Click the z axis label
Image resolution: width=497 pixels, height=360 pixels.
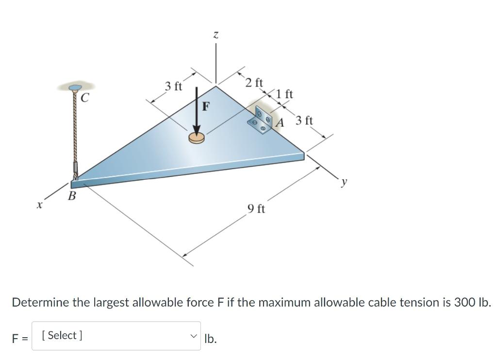click(216, 35)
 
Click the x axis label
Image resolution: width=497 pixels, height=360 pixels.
click(38, 206)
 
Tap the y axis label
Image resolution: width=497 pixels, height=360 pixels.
click(344, 182)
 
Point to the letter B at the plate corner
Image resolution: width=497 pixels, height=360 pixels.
click(72, 196)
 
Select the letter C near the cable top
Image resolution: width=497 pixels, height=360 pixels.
click(84, 98)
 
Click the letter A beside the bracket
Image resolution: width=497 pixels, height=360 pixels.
click(280, 122)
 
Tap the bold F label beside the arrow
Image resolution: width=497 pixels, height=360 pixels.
click(206, 106)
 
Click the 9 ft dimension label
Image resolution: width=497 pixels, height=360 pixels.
click(256, 209)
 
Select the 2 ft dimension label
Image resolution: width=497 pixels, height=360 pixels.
click(254, 83)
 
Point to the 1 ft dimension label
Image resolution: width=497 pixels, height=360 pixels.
click(284, 93)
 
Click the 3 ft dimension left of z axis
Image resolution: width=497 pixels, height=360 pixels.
click(173, 86)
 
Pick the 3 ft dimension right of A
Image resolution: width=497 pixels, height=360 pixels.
click(304, 120)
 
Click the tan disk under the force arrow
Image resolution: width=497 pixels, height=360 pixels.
click(197, 139)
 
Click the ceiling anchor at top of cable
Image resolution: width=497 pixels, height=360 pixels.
click(75, 87)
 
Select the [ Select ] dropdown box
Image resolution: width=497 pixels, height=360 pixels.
click(116, 336)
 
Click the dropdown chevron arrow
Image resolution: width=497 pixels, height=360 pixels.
click(194, 336)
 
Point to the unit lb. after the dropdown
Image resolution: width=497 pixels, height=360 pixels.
click(211, 338)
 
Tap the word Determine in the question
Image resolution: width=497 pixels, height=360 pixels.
click(40, 302)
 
